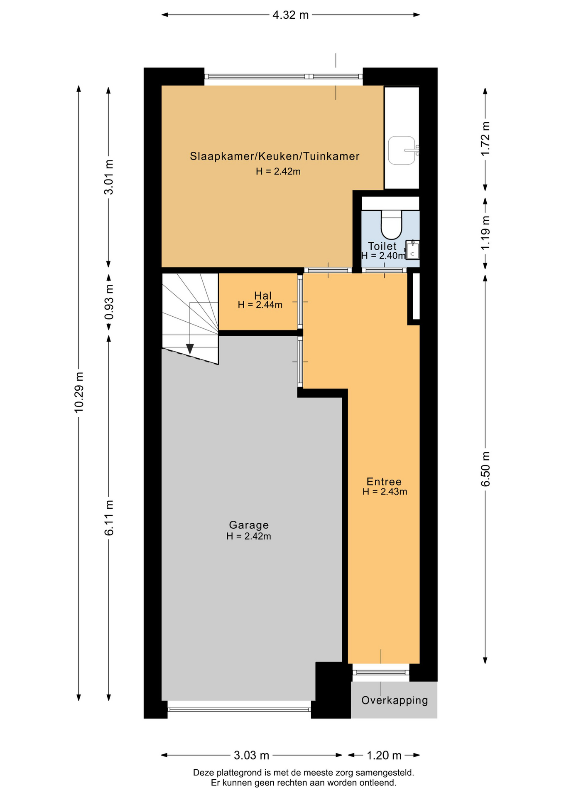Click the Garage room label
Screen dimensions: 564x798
pyautogui.click(x=249, y=525)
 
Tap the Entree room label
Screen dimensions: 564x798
pyautogui.click(x=384, y=482)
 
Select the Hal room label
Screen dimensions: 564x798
pyautogui.click(x=263, y=296)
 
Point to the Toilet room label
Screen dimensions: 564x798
pyautogui.click(x=382, y=246)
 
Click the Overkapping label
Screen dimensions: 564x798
pyautogui.click(x=395, y=701)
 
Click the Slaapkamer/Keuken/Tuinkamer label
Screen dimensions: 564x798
pyautogui.click(x=275, y=156)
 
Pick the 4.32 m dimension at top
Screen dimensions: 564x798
pyautogui.click(x=290, y=15)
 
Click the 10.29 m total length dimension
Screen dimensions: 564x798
pyautogui.click(x=79, y=392)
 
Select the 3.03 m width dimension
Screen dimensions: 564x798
pyautogui.click(x=252, y=755)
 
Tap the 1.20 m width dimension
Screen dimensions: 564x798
pyautogui.click(x=384, y=755)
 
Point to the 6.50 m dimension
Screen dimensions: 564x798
pyautogui.click(x=486, y=469)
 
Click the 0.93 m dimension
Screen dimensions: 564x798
pyautogui.click(x=109, y=302)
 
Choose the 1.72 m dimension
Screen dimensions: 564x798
pyautogui.click(x=486, y=139)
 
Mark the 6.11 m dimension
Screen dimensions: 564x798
pyautogui.click(x=109, y=518)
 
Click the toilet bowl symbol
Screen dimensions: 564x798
pyautogui.click(x=391, y=223)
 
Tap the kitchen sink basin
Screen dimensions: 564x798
pyautogui.click(x=402, y=150)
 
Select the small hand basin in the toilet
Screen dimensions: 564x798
pyautogui.click(x=412, y=250)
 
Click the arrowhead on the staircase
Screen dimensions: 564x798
pyautogui.click(x=190, y=349)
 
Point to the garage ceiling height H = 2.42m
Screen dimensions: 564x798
pyautogui.click(x=249, y=536)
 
